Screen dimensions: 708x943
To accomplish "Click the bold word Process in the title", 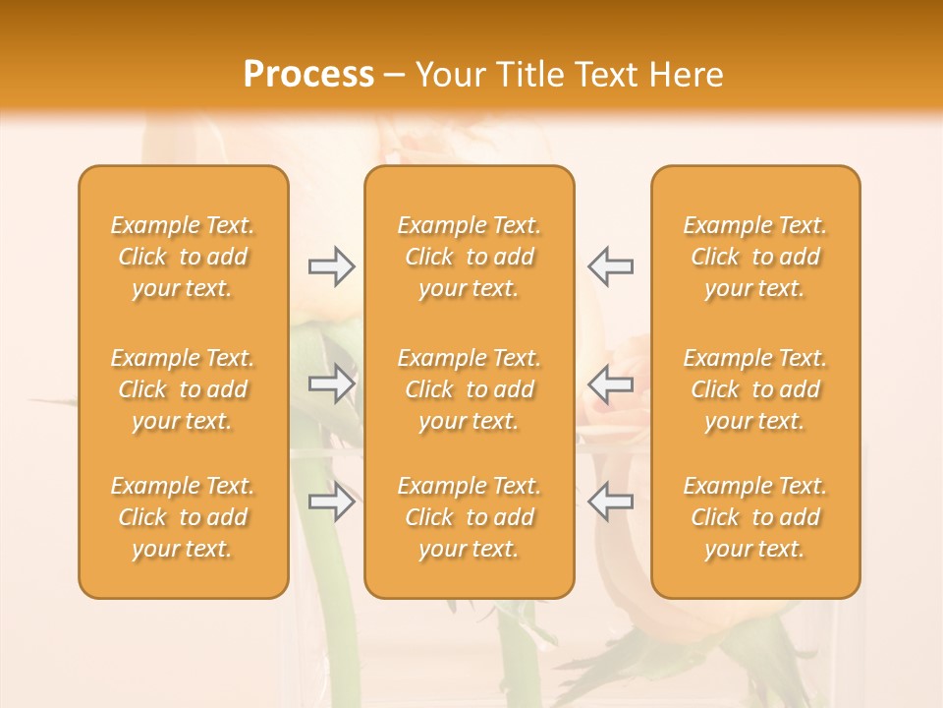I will [x=308, y=75].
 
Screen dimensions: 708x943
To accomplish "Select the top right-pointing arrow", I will [x=331, y=266].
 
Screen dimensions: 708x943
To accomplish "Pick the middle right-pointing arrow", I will [x=331, y=383].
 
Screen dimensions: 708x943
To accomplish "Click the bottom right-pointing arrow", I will [x=331, y=501].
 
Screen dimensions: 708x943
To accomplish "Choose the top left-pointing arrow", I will [x=611, y=266].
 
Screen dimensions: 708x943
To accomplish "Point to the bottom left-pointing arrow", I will [x=611, y=501].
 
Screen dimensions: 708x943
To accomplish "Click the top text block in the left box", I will [x=183, y=257].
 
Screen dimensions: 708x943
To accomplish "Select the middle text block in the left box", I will [x=183, y=389].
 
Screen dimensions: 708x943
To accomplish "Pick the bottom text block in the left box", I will [x=183, y=517].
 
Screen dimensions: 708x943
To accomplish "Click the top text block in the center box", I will [x=470, y=257].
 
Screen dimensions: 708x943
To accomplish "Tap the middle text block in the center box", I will [x=470, y=389].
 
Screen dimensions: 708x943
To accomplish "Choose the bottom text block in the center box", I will [x=470, y=517].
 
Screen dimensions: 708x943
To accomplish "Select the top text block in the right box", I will [x=755, y=257].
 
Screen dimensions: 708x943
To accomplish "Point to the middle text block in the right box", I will [x=755, y=389].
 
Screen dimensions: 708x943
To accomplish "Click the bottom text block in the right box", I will [x=755, y=517].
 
